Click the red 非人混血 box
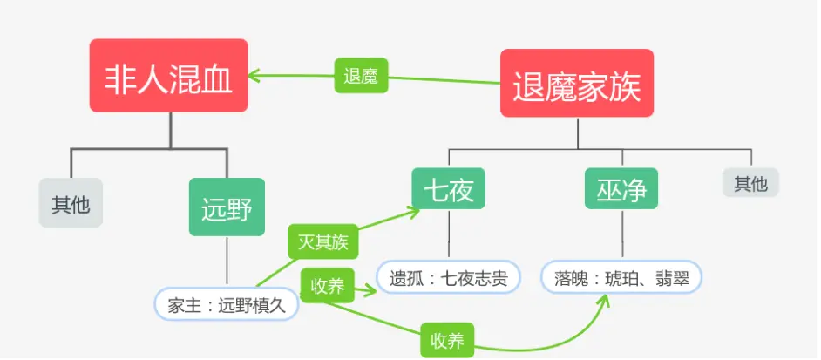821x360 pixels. [x=169, y=75]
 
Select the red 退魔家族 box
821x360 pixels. [x=576, y=83]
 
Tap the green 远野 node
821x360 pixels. [x=227, y=207]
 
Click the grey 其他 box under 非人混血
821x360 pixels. [x=71, y=203]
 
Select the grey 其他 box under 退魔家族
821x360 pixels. [x=750, y=182]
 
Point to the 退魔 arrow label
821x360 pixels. [x=361, y=76]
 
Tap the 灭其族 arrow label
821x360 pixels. [x=322, y=241]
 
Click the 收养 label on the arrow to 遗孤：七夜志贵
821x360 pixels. [x=327, y=286]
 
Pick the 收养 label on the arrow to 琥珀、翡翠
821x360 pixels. [x=447, y=341]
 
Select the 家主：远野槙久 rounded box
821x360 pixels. [x=226, y=305]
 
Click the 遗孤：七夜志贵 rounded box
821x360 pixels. [x=448, y=278]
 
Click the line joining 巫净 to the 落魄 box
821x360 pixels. [x=622, y=234]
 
